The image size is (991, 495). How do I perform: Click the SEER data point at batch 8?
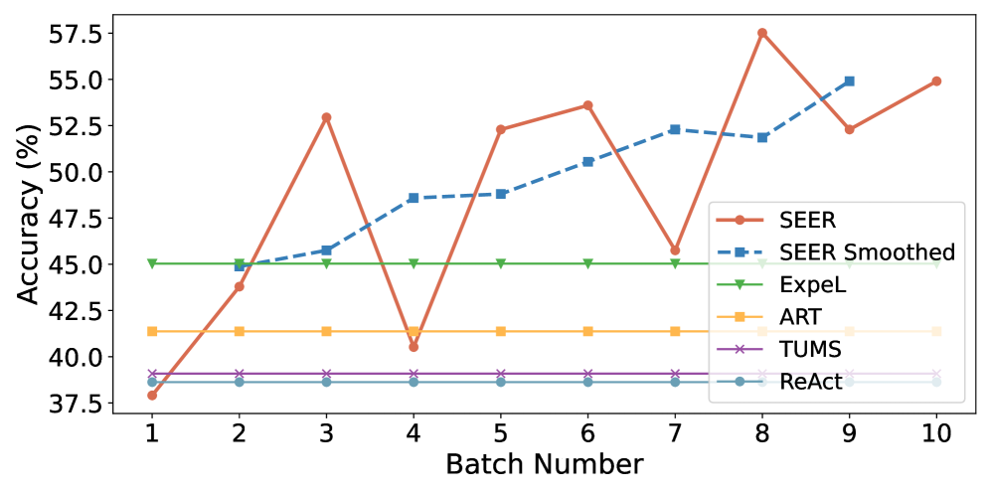pos(762,33)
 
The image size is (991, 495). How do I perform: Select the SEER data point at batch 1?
pos(152,395)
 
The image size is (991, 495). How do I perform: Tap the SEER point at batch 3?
pos(326,117)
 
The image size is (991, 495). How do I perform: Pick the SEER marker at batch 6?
pos(587,105)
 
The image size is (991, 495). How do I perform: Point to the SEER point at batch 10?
pos(936,81)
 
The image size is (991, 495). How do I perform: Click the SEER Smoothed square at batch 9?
pos(849,81)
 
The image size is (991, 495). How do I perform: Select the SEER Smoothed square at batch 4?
pos(413,198)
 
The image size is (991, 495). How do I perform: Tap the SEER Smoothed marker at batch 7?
pos(675,129)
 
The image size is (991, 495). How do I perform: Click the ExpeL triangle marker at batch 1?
pos(152,263)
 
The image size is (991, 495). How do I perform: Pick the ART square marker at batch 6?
pos(587,331)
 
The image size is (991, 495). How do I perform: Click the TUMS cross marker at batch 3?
pos(326,374)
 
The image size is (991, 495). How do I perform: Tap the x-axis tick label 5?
pos(500,433)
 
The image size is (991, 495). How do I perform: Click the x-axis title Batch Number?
pos(544,464)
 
